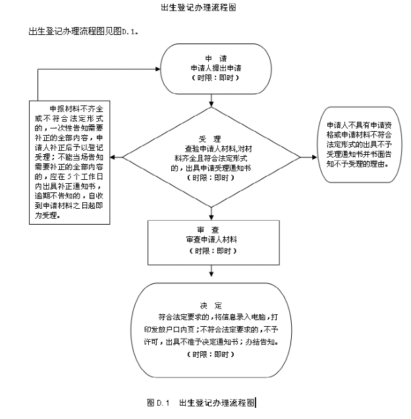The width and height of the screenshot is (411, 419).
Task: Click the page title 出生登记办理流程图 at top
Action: (198, 7)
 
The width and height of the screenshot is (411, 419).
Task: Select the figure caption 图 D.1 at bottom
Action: (158, 403)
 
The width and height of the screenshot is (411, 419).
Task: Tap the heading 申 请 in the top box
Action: (215, 58)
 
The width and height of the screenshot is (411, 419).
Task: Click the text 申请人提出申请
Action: (215, 68)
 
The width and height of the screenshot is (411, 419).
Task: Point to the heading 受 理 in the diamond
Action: (209, 139)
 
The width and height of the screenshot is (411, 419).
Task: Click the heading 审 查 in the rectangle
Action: (208, 230)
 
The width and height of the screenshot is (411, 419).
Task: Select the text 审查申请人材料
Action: (211, 239)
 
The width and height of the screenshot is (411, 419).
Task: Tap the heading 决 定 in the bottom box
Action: (211, 306)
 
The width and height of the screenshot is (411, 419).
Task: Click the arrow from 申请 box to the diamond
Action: (211, 101)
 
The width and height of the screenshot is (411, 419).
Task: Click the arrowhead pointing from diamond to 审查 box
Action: (211, 217)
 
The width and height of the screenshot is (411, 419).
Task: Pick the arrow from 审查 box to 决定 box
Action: (211, 271)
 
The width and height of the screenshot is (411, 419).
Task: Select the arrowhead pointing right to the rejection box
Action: (314, 157)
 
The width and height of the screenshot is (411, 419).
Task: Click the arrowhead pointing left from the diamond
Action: (113, 157)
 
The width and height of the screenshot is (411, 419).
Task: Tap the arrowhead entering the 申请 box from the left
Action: (157, 69)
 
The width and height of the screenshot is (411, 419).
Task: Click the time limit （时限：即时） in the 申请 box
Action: (215, 78)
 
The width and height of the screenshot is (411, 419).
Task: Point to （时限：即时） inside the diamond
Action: (211, 178)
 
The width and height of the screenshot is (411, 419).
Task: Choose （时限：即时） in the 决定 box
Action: (211, 354)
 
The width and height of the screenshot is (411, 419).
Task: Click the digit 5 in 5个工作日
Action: (70, 177)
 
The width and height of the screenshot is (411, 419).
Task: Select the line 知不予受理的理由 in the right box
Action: (358, 164)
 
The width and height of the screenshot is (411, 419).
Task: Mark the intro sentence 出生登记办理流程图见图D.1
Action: (84, 31)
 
